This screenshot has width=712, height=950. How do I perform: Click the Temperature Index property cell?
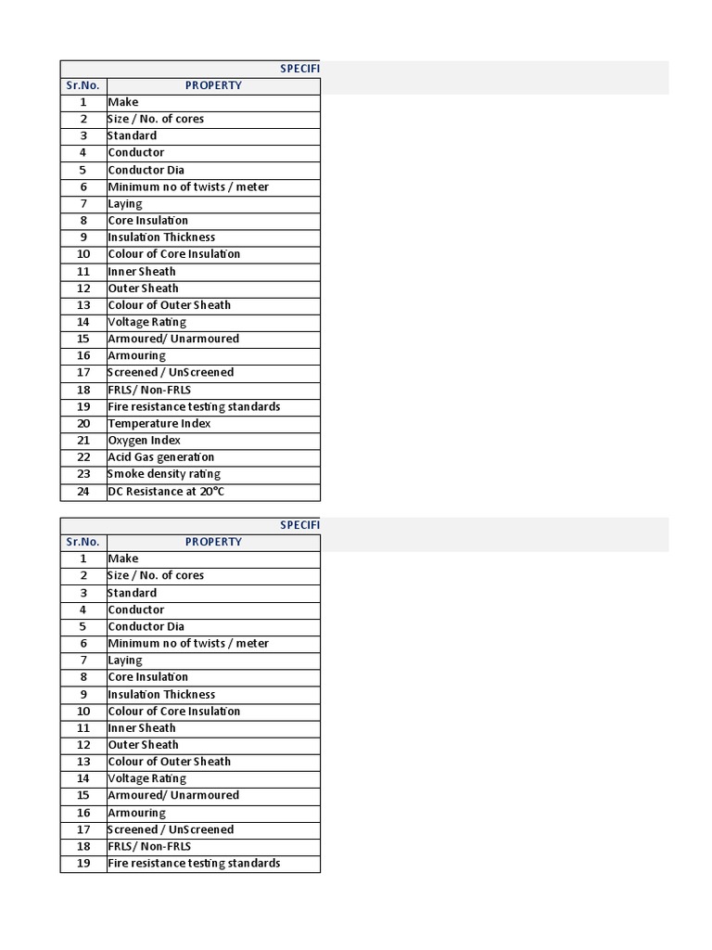(159, 423)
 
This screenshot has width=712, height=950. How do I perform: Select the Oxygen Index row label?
(145, 441)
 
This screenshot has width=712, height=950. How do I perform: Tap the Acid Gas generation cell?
(161, 457)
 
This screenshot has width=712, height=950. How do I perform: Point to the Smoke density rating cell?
(164, 474)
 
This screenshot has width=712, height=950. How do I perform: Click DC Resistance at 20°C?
(166, 492)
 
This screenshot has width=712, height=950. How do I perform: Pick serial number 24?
(83, 492)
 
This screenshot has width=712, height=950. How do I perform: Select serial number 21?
(83, 441)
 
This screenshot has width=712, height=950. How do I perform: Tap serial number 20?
(83, 423)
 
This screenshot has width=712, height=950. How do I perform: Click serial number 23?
(83, 474)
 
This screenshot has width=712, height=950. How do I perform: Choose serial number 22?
(83, 457)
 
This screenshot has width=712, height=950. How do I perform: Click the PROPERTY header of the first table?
(213, 85)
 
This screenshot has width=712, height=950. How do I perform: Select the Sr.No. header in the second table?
(83, 542)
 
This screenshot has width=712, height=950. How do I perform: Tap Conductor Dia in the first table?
(146, 170)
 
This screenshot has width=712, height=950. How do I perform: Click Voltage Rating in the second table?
(147, 778)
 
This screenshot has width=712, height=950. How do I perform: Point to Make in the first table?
(123, 102)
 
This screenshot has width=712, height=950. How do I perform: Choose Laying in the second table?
(125, 661)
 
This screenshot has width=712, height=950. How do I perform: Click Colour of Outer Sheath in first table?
(170, 305)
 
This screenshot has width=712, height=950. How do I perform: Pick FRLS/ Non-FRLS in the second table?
(149, 846)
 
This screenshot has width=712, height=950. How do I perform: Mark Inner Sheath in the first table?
(142, 271)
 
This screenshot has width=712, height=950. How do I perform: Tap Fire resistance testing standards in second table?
(194, 864)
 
